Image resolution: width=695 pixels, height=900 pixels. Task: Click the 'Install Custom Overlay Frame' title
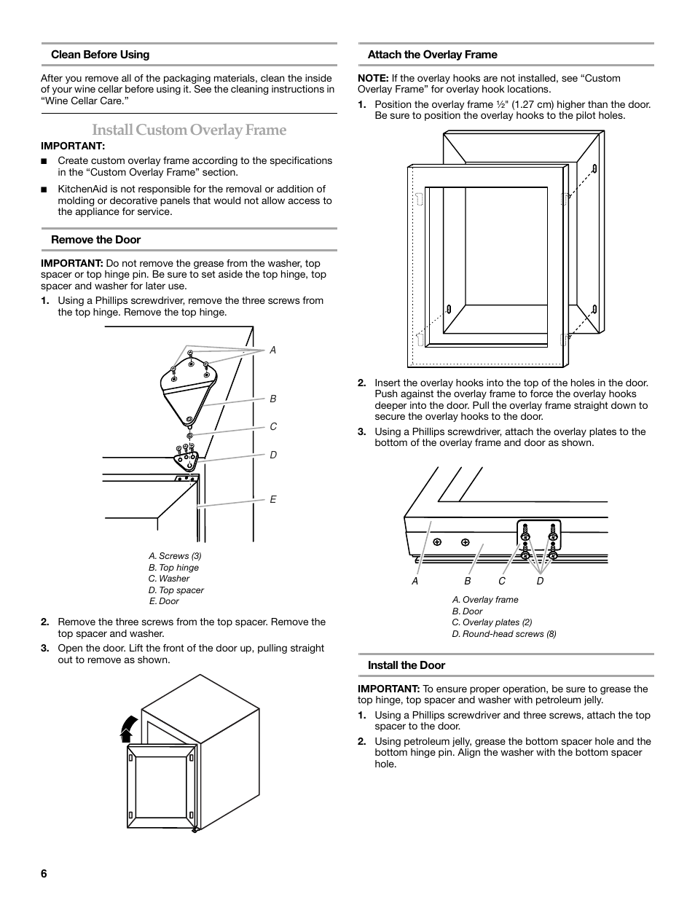(x=189, y=130)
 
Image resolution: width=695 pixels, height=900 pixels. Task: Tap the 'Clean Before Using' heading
(x=100, y=55)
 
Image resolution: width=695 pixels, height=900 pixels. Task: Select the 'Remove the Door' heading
(x=95, y=240)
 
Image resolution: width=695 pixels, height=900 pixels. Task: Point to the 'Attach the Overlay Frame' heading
(x=432, y=55)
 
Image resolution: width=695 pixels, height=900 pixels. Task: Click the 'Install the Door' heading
(x=406, y=665)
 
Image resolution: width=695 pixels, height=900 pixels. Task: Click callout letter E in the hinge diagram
(x=273, y=500)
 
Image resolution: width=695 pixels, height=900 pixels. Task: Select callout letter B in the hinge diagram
(x=273, y=399)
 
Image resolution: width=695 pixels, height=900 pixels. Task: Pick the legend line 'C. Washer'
(x=169, y=579)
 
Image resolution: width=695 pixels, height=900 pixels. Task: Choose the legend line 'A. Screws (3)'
(x=175, y=556)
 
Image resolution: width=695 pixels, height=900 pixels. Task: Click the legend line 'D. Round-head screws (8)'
(x=503, y=634)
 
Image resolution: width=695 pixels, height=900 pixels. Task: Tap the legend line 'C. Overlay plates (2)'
(x=492, y=622)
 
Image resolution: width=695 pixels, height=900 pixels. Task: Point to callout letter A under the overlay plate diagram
(x=415, y=582)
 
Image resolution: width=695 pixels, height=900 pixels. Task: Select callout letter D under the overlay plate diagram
(x=540, y=582)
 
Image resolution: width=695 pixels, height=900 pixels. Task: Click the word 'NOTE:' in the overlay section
(x=372, y=79)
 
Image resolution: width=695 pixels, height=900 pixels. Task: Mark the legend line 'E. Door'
(x=164, y=601)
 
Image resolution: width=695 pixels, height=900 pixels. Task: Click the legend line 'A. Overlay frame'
(x=485, y=600)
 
